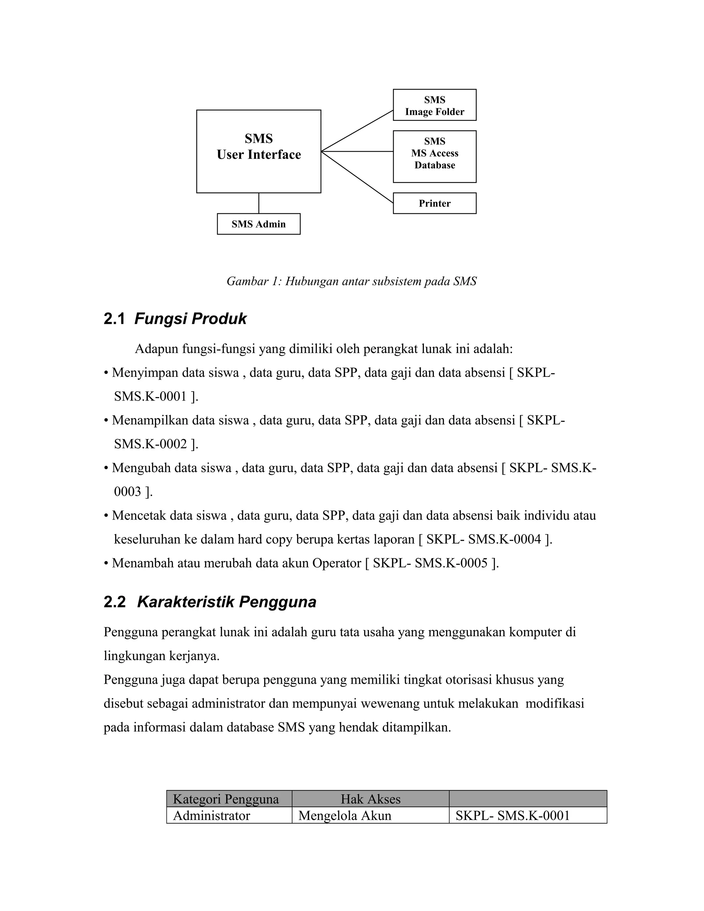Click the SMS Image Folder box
coord(434,105)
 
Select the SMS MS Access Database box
coord(434,156)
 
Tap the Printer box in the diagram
coord(434,203)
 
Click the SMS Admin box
coord(258,224)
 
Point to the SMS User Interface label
coord(258,147)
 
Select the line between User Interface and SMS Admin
coord(258,203)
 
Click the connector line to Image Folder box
coord(357,131)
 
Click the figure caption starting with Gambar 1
coord(351,282)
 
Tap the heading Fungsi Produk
coord(190,319)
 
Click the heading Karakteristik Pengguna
coord(227,602)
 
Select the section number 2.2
coord(114,602)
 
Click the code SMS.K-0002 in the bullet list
coord(150,444)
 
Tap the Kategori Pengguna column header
coord(225,799)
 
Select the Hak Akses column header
coord(370,799)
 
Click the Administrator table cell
coord(211,815)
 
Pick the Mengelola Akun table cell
coord(345,815)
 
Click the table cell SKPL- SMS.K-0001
coord(513,815)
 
